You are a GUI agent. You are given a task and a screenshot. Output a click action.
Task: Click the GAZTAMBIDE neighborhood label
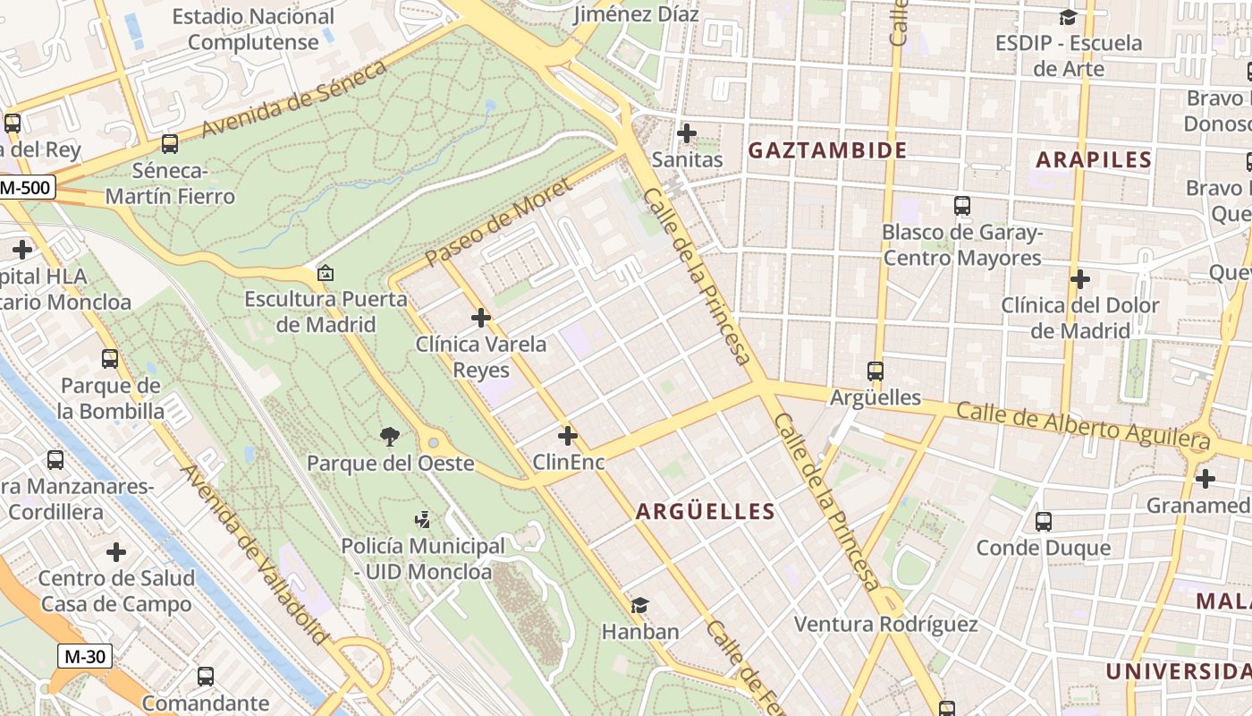pos(827,150)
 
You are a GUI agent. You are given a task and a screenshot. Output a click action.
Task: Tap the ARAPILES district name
pos(1093,160)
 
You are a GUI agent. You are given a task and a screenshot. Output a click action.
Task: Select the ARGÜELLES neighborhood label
pos(705,512)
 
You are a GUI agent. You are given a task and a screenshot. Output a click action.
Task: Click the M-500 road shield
pos(27,188)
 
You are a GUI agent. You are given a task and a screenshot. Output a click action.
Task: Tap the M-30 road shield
pos(86,656)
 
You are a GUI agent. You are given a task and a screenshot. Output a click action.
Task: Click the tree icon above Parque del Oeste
pos(389,437)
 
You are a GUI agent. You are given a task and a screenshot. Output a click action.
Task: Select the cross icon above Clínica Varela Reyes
pos(481,318)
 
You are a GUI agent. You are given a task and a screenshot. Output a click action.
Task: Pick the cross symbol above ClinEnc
pos(568,436)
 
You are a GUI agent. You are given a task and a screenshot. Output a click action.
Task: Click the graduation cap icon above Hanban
pos(639,606)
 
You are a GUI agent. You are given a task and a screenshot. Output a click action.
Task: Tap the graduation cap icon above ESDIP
pos(1068,17)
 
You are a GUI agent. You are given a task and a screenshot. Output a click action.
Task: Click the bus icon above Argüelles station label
pos(876,371)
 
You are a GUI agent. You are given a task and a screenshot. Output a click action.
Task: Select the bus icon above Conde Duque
pos(1043,521)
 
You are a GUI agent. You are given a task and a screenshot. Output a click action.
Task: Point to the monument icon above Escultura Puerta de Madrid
pos(326,273)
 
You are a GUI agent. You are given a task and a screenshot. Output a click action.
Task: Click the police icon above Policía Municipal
pos(422,519)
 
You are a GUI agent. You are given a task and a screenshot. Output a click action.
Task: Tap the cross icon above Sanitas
pos(687,133)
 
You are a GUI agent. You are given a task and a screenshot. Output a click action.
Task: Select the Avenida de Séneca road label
pos(294,99)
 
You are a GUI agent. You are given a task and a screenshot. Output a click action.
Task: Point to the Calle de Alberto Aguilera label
pos(1082,425)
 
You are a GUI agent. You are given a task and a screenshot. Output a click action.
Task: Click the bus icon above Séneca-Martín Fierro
pos(169,143)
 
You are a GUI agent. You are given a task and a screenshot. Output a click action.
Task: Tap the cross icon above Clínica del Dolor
pos(1079,279)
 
